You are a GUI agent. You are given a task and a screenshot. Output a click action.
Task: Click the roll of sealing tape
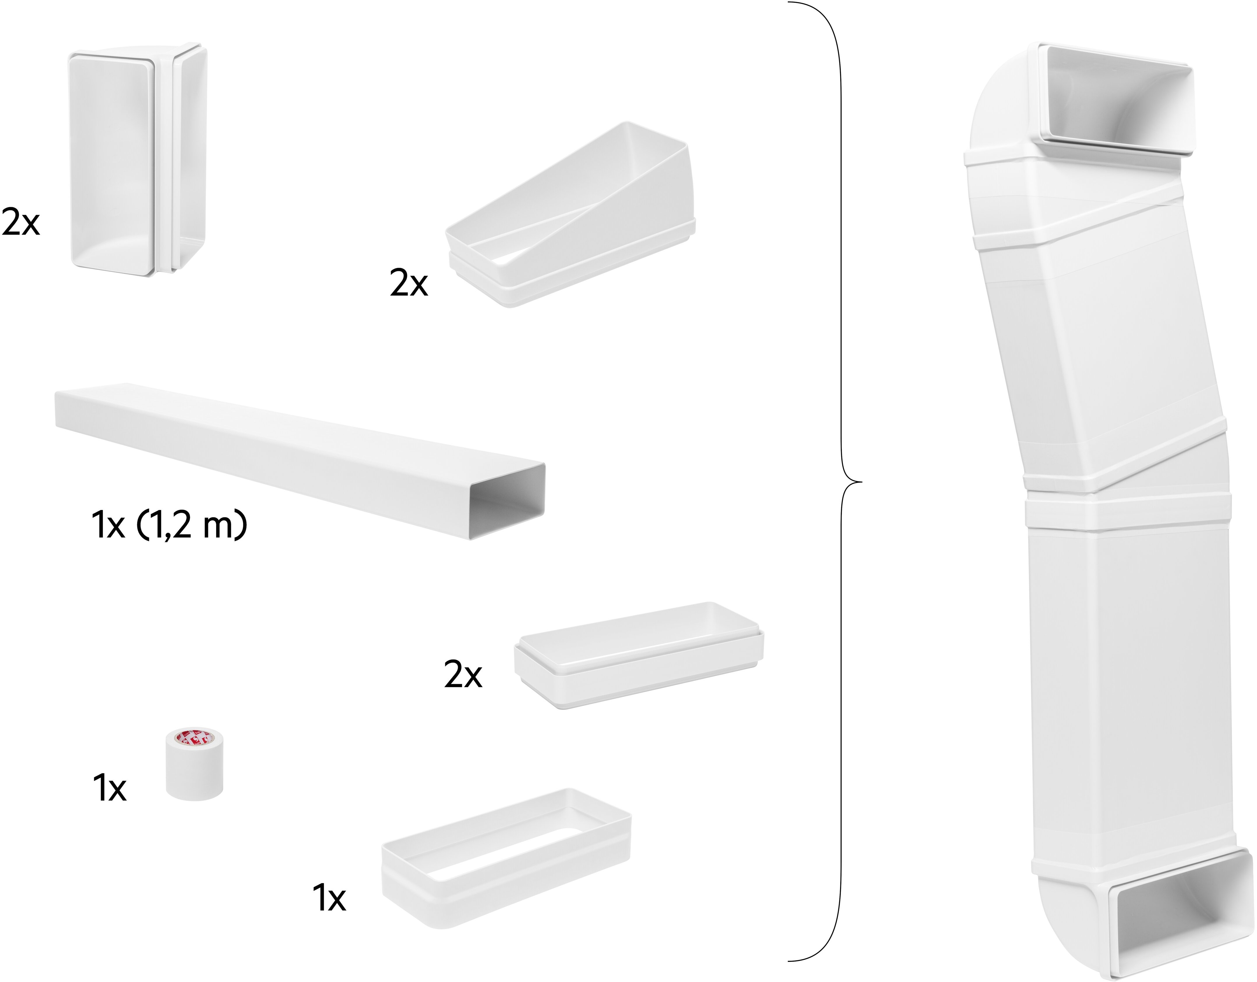195,763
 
